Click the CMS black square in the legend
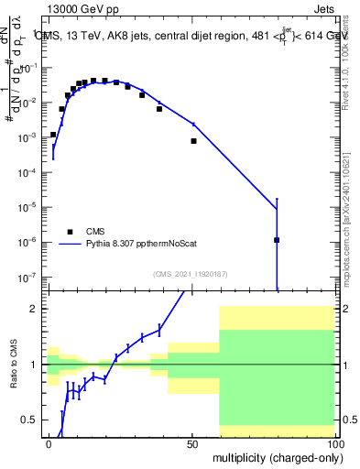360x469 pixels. tap(70, 232)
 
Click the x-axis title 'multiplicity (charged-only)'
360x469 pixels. tap(273, 456)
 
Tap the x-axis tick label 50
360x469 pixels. tap(191, 443)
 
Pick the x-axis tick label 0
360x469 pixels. tap(49, 443)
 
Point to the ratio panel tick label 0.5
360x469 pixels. tap(28, 420)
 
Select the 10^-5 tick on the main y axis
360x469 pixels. tap(27, 207)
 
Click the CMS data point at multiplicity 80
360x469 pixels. tap(277, 240)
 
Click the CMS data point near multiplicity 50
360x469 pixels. tap(193, 141)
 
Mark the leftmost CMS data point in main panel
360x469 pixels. tap(53, 134)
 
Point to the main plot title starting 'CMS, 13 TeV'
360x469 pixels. tap(192, 36)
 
